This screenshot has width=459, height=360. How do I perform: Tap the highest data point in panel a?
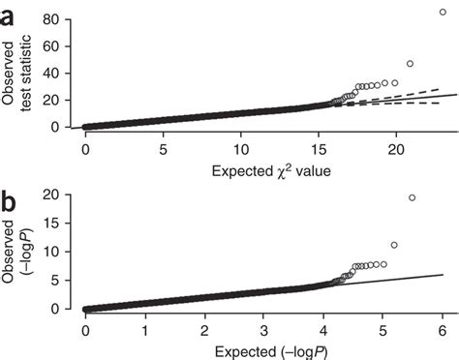[x=444, y=12]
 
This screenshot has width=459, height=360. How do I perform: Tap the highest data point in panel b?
[x=413, y=197]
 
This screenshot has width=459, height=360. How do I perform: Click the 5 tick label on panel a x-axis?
[x=164, y=150]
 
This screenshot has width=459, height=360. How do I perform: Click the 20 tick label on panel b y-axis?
[x=59, y=195]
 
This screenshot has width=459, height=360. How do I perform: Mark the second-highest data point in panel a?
[x=410, y=64]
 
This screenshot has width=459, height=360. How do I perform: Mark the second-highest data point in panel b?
[x=394, y=245]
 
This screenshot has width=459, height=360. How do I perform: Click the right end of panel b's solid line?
[x=444, y=274]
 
